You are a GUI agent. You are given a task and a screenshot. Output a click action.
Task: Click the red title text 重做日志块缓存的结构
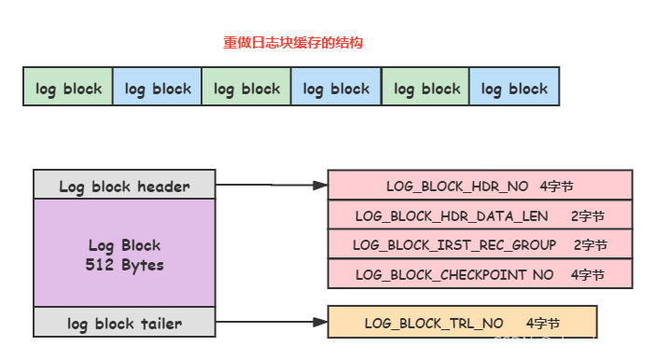[291, 43]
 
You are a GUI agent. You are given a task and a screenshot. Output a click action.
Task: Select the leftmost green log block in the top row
[68, 89]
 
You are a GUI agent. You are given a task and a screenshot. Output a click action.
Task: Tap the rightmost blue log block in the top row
[514, 89]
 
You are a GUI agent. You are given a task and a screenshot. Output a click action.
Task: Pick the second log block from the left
[158, 89]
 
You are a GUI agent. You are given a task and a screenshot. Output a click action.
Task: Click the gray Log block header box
[124, 187]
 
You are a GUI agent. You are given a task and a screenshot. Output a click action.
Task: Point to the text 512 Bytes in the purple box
[124, 265]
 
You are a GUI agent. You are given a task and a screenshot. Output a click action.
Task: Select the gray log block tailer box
[124, 324]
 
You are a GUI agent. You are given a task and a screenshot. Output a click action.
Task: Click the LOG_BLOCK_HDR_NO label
[457, 187]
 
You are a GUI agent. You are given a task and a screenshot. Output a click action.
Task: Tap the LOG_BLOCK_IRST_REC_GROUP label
[454, 245]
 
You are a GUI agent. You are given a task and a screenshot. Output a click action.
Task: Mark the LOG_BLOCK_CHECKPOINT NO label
[454, 274]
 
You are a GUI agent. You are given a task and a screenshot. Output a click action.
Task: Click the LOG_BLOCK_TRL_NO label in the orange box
[434, 324]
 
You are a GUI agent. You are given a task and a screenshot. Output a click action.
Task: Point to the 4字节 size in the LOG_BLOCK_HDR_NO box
[558, 187]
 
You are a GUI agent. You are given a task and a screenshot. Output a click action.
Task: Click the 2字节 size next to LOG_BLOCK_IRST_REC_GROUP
[590, 245]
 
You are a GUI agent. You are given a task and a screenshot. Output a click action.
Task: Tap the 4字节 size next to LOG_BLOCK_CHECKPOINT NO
[588, 274]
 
